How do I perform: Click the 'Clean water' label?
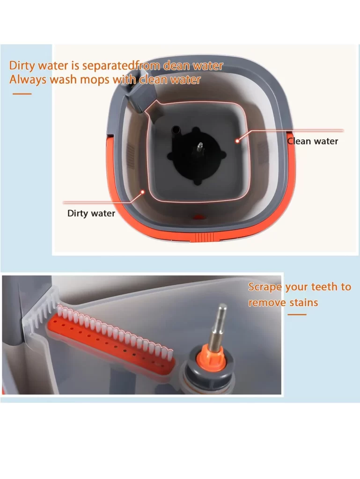(312, 141)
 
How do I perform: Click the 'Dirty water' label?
(91, 213)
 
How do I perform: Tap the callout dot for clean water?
(238, 138)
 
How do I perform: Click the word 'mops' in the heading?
(95, 80)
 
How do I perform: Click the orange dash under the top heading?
(22, 94)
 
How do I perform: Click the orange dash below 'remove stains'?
(296, 314)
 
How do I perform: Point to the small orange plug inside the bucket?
(199, 218)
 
